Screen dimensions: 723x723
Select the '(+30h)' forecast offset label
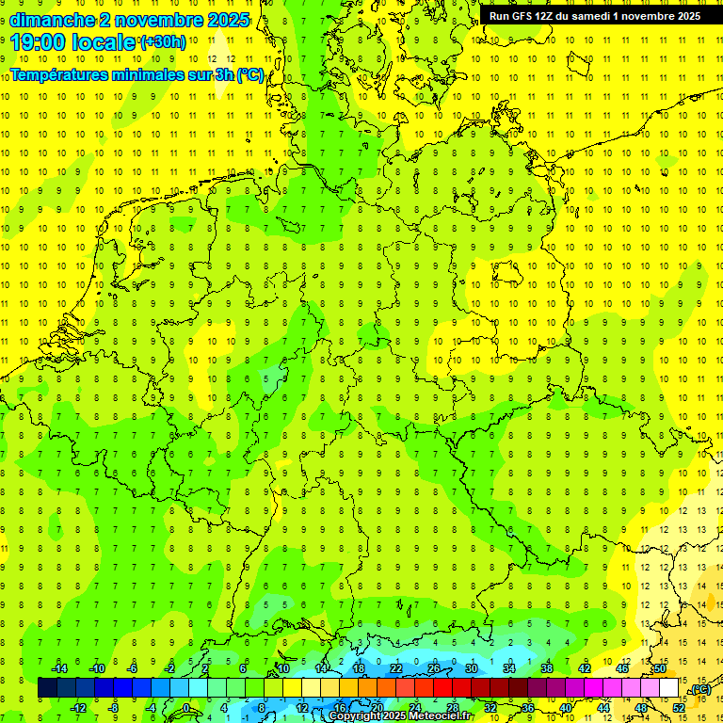click(x=163, y=41)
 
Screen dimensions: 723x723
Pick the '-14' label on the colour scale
click(x=59, y=668)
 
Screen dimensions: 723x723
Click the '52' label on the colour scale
click(x=679, y=707)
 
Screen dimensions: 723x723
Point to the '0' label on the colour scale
click(x=186, y=707)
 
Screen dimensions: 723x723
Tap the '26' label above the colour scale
click(x=434, y=668)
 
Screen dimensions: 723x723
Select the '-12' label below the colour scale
click(x=78, y=707)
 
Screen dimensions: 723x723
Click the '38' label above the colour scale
click(x=547, y=668)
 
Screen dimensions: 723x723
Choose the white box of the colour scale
click(x=669, y=688)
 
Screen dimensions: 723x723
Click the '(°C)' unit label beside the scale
click(x=699, y=689)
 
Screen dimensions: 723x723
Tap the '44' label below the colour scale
click(x=603, y=707)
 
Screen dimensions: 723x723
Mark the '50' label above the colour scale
click(x=660, y=668)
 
